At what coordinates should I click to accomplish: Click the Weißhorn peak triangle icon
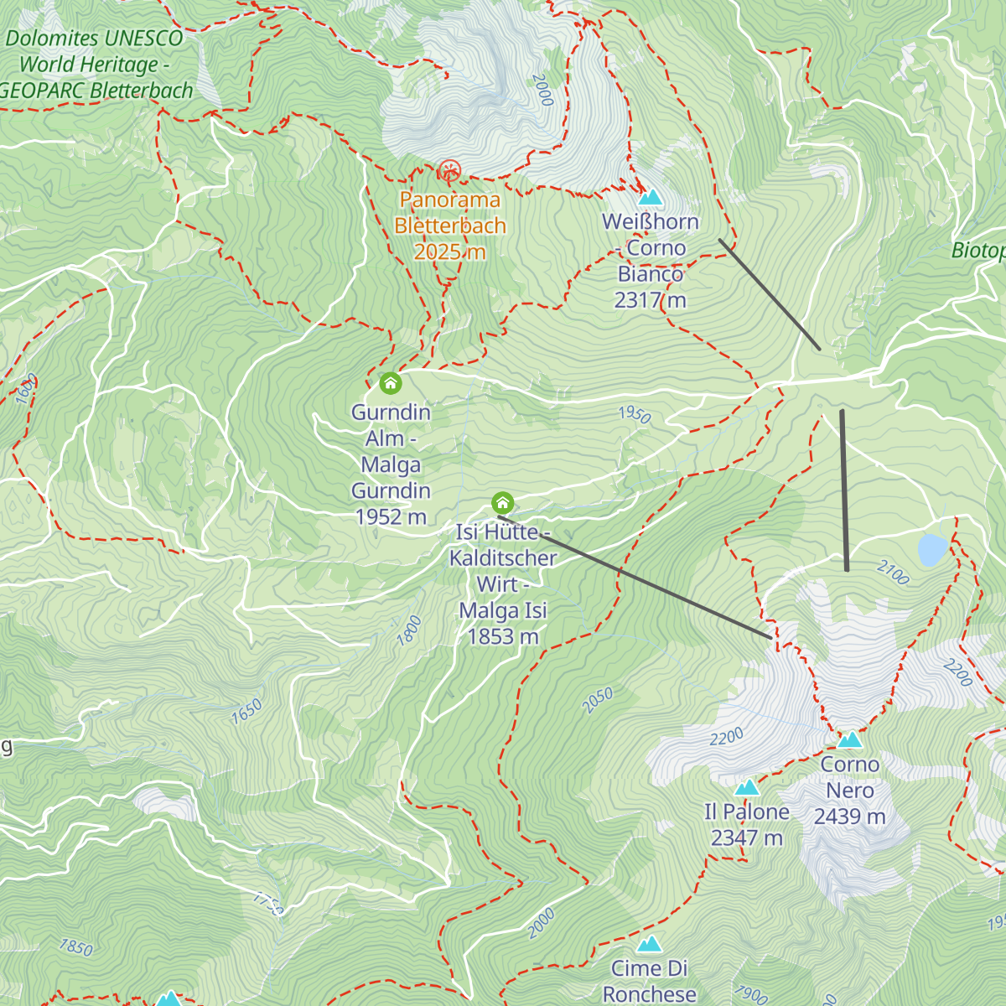(651, 198)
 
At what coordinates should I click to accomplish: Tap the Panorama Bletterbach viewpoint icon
(450, 172)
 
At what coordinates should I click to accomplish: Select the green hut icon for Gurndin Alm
(391, 384)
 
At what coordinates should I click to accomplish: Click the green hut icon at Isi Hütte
(502, 503)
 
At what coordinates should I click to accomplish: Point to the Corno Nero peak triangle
(850, 739)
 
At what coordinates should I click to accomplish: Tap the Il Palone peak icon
(746, 787)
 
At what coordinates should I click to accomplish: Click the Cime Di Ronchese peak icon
(649, 945)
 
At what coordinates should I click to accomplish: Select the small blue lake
(932, 550)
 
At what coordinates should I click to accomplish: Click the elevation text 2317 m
(650, 300)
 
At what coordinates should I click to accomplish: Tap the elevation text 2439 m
(849, 817)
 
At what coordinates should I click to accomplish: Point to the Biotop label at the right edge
(979, 251)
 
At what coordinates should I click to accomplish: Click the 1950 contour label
(635, 414)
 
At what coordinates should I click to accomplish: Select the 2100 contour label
(893, 573)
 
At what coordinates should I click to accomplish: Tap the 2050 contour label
(598, 701)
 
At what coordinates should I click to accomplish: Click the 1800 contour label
(409, 630)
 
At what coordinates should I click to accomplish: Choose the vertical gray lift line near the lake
(844, 490)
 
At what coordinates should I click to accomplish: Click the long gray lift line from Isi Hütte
(637, 578)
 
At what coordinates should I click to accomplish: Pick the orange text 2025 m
(450, 252)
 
